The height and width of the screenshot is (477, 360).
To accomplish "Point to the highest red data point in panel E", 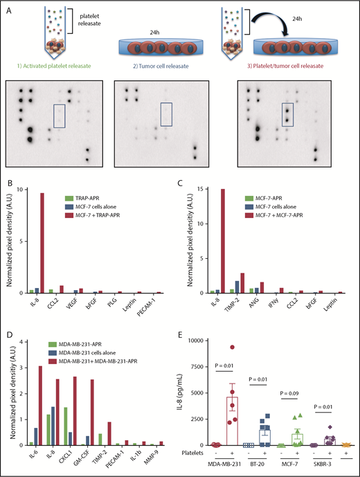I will click(232, 348).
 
